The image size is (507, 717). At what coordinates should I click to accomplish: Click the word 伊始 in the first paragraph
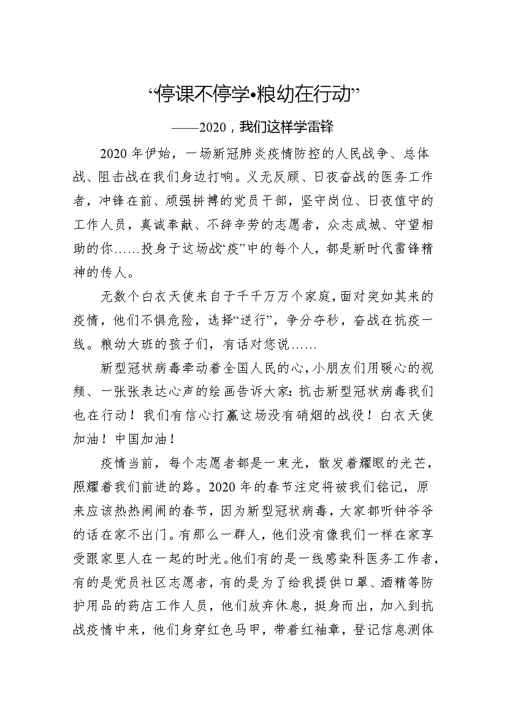click(162, 153)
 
